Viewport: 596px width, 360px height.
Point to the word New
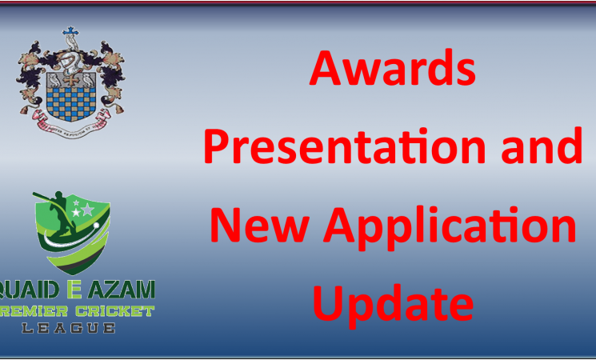click(x=255, y=227)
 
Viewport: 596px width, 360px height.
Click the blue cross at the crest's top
click(x=73, y=34)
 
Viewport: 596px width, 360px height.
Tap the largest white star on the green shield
click(x=87, y=210)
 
